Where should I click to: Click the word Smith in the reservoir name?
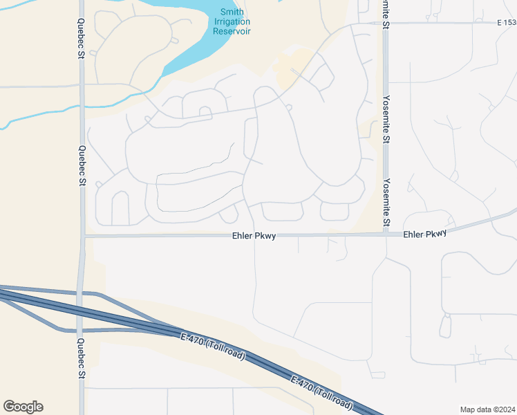click(232, 12)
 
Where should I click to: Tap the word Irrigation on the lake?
click(232, 21)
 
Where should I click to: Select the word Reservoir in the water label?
click(232, 31)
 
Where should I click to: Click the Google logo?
click(23, 407)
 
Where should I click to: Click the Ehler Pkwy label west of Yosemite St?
click(254, 236)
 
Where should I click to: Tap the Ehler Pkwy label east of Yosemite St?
click(424, 234)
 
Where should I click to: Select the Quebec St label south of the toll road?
click(82, 359)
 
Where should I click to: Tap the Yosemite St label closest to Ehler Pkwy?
click(386, 203)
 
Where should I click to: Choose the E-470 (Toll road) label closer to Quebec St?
click(212, 346)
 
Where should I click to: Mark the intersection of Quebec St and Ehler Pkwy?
click(82, 237)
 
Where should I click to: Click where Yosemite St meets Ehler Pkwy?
click(386, 234)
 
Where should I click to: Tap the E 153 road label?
click(506, 23)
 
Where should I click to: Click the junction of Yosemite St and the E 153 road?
click(386, 23)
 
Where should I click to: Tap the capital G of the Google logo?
click(8, 406)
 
